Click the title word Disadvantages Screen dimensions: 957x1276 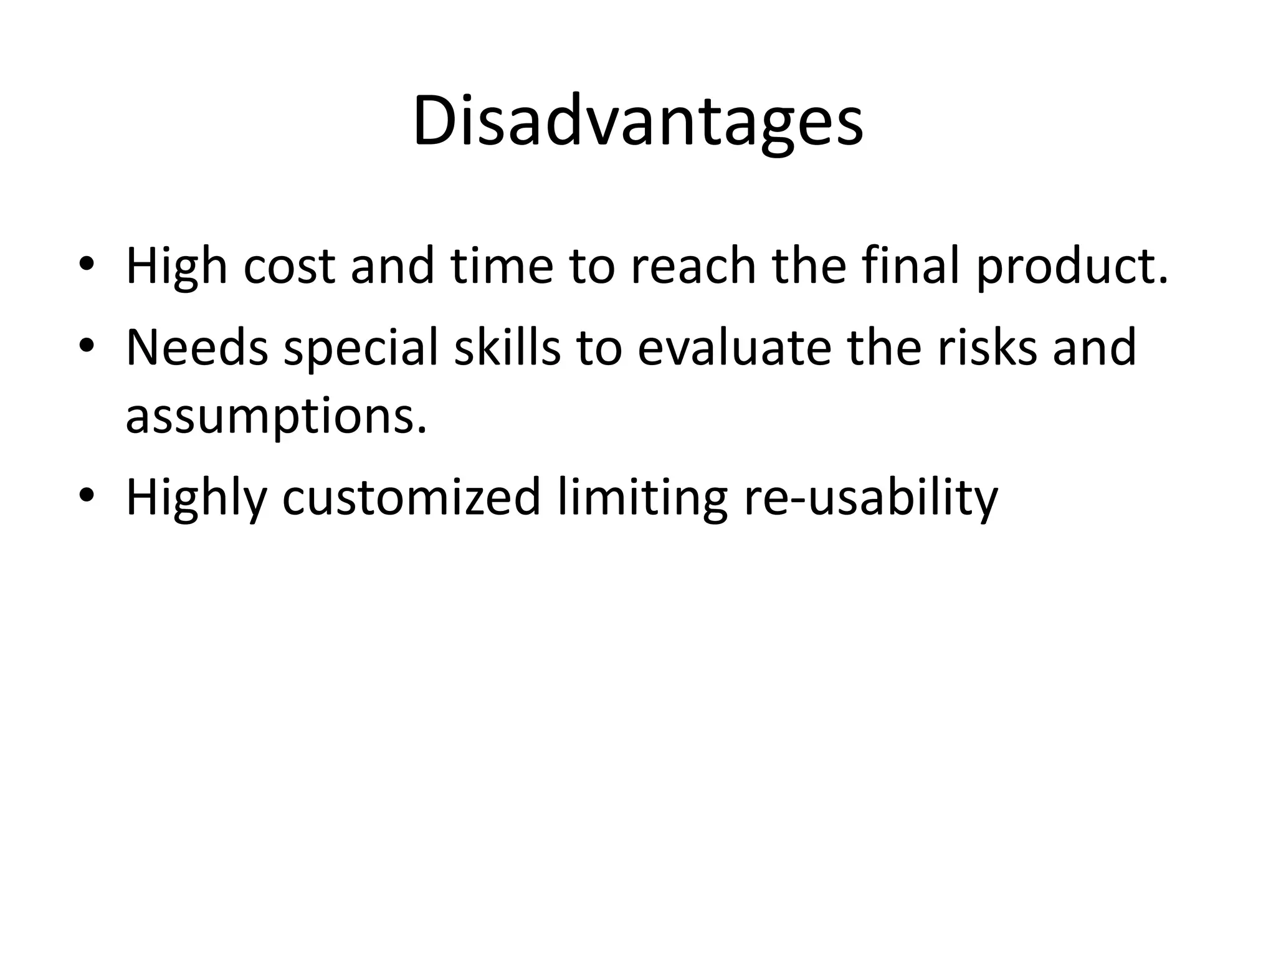(637, 121)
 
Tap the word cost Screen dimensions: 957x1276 (289, 266)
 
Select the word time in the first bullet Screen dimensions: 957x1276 (502, 266)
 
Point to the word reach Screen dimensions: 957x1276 (692, 266)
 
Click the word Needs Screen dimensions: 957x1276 (197, 347)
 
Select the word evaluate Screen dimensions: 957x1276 (734, 347)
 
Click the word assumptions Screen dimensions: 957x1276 (276, 417)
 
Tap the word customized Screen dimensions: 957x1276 (411, 497)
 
